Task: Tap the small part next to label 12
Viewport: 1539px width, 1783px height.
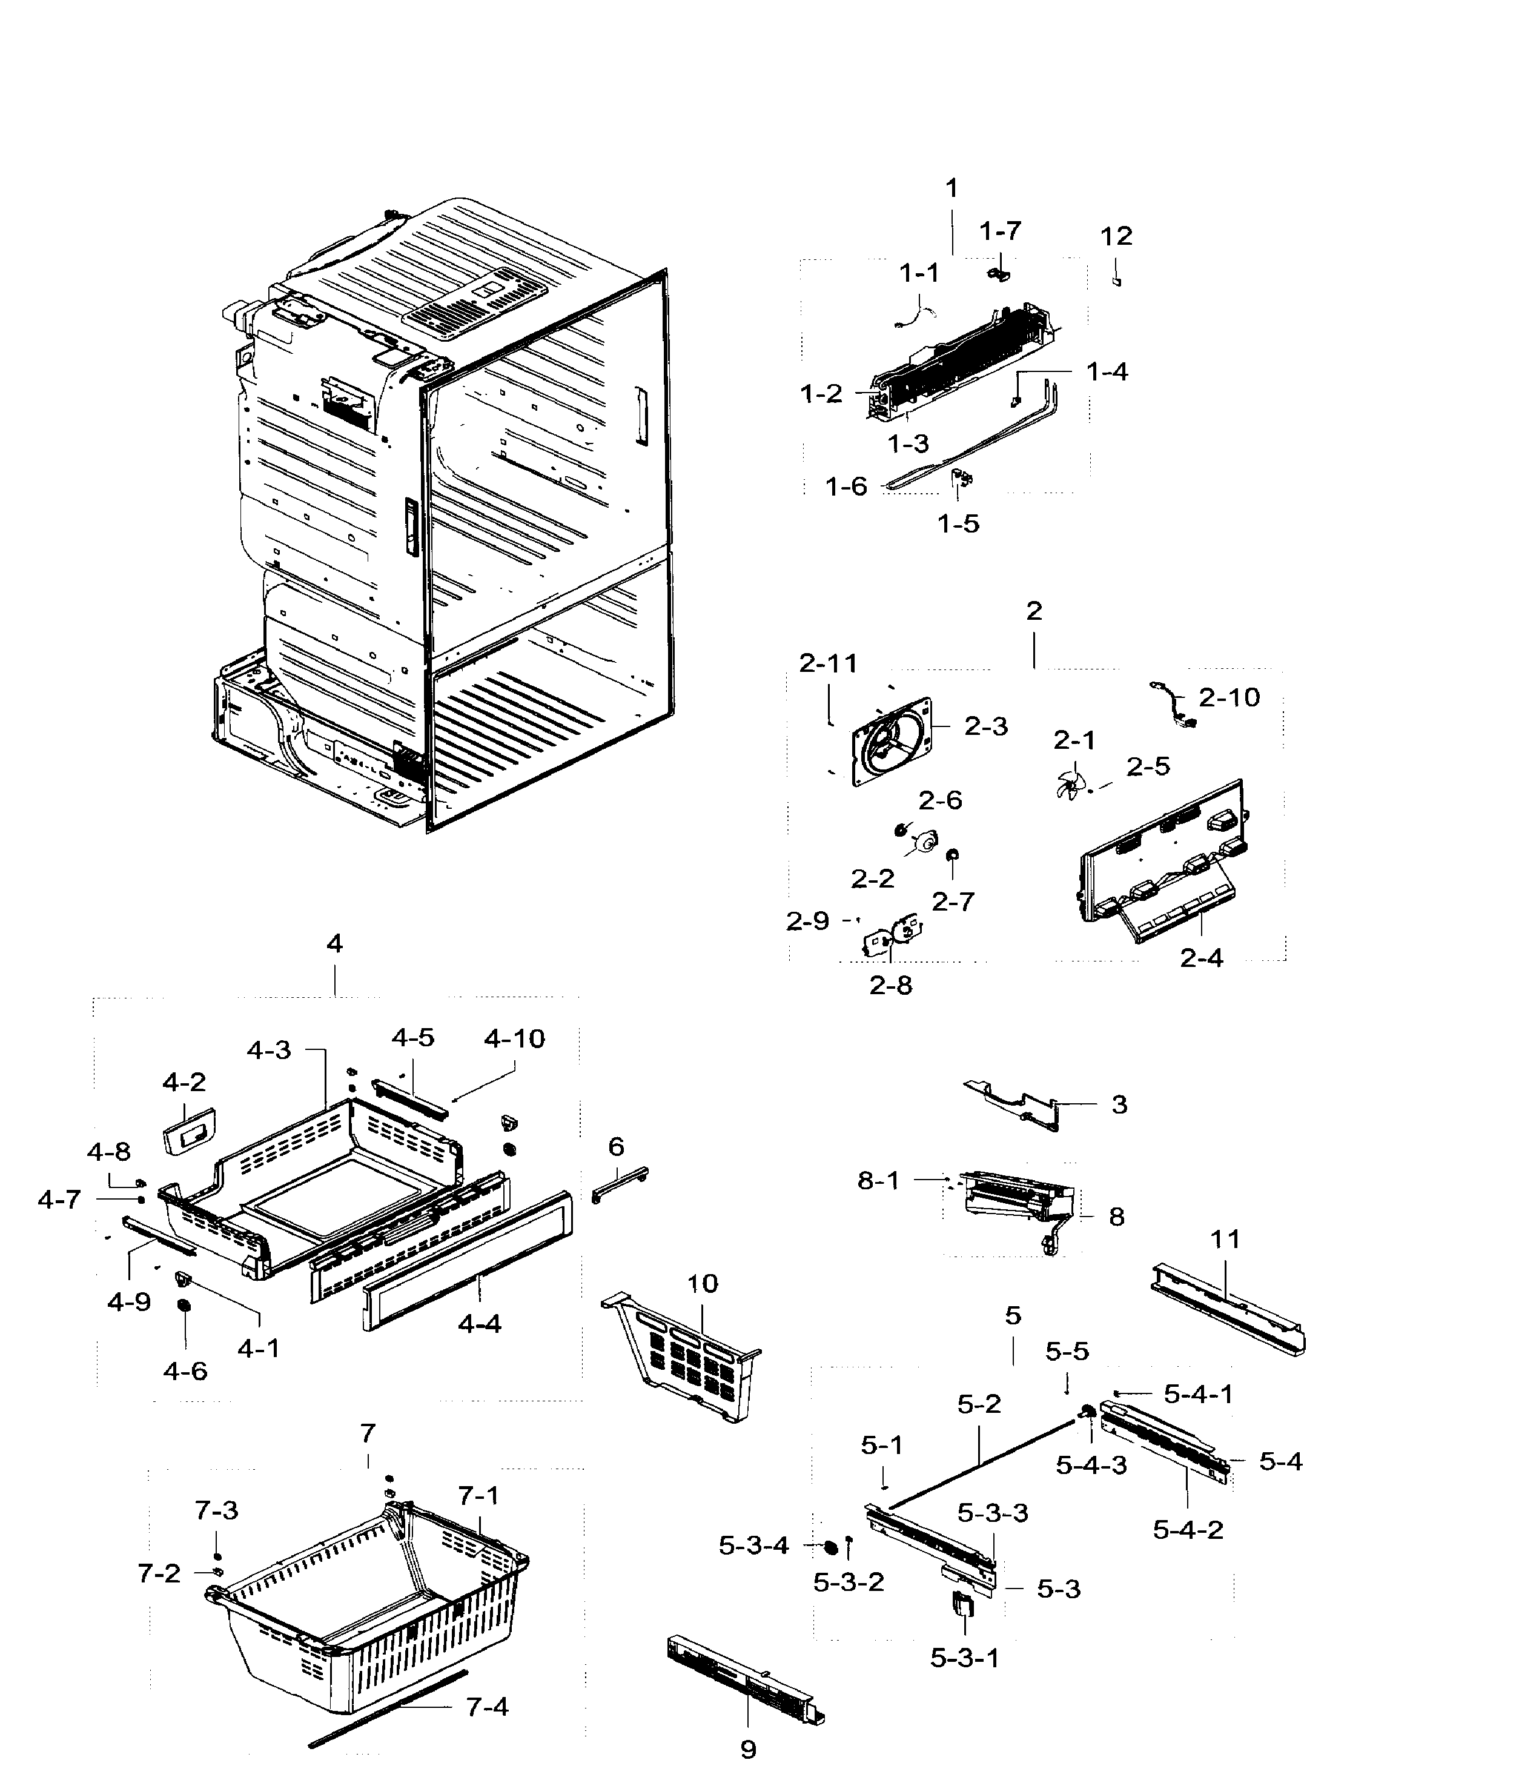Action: pyautogui.click(x=1117, y=281)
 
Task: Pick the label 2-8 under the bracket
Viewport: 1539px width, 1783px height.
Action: pyautogui.click(x=890, y=985)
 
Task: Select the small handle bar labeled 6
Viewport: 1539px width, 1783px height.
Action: pyautogui.click(x=620, y=1184)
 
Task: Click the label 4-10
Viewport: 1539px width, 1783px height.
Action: pyautogui.click(x=514, y=1038)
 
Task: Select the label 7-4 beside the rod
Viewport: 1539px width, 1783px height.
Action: pyautogui.click(x=487, y=1707)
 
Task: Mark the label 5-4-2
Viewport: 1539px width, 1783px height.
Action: pyautogui.click(x=1187, y=1530)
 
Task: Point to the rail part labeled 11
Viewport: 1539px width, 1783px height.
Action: pyautogui.click(x=1228, y=1307)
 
